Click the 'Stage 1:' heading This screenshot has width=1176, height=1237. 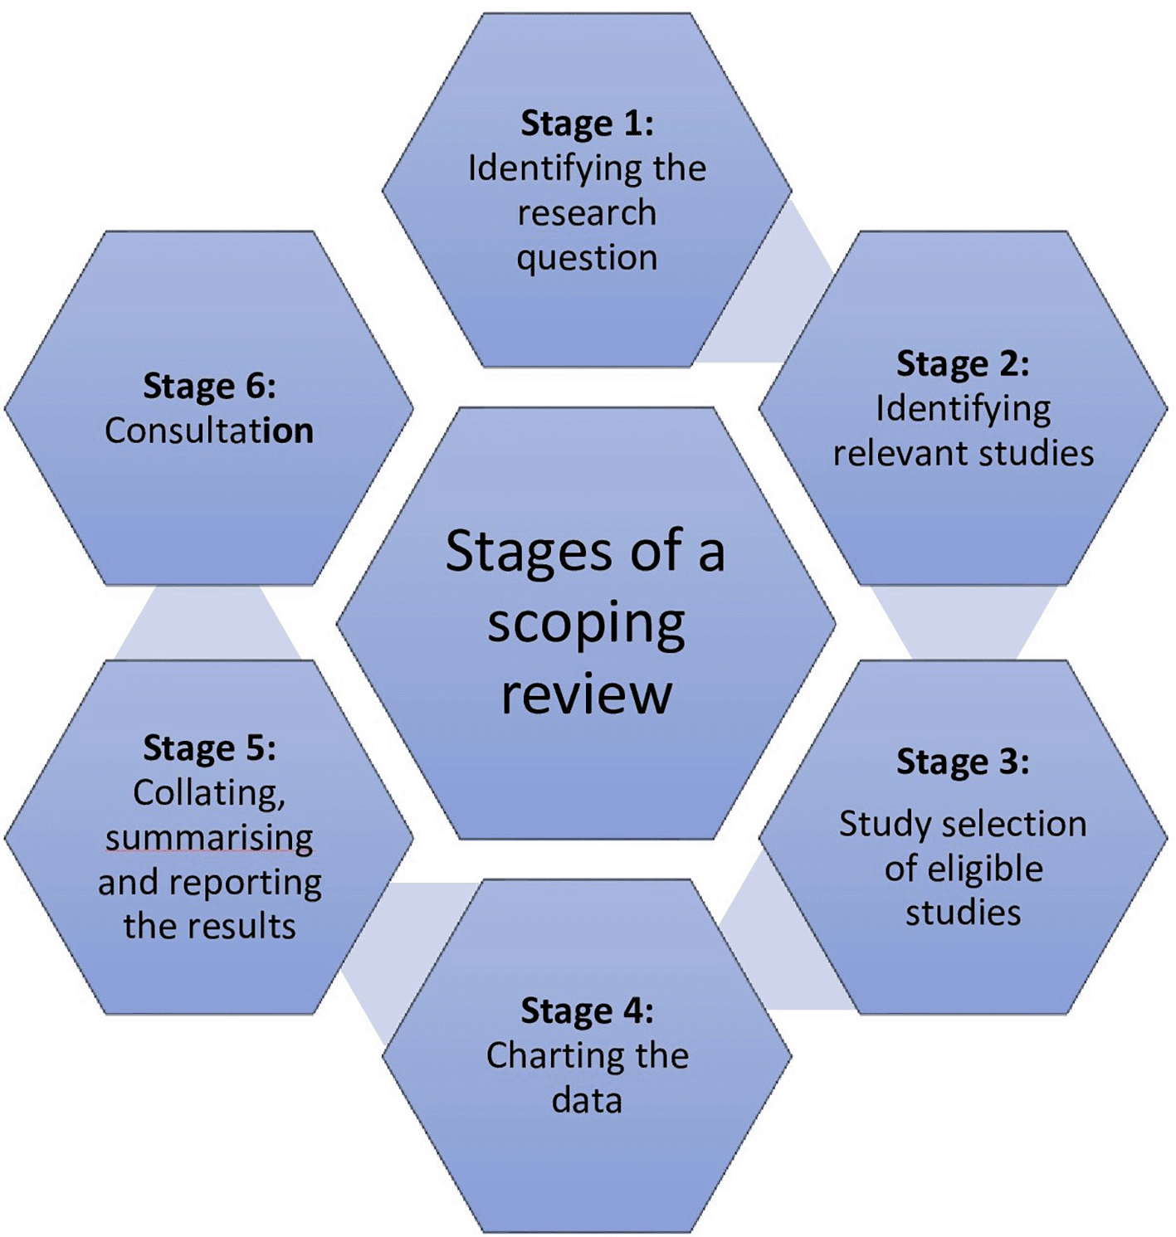click(587, 124)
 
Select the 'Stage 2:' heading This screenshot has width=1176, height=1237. click(963, 364)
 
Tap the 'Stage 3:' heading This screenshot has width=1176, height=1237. click(963, 762)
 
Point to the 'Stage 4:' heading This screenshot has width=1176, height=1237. click(587, 1011)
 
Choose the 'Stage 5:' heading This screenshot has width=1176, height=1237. click(209, 748)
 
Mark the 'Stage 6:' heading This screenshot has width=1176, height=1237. click(209, 387)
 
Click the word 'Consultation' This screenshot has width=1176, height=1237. click(209, 431)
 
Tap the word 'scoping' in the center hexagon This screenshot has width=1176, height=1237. click(586, 625)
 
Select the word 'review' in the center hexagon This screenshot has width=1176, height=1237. click(586, 694)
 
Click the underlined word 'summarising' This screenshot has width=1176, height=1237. click(209, 838)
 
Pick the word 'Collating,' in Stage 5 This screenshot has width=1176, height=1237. click(209, 793)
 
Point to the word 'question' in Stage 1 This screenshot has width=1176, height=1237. click(587, 258)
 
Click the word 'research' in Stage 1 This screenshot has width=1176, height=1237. click(587, 213)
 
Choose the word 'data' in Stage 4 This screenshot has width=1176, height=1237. click(587, 1101)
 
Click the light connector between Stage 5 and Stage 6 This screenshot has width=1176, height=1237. click(207, 623)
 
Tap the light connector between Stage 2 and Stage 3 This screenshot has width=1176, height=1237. click(963, 623)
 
